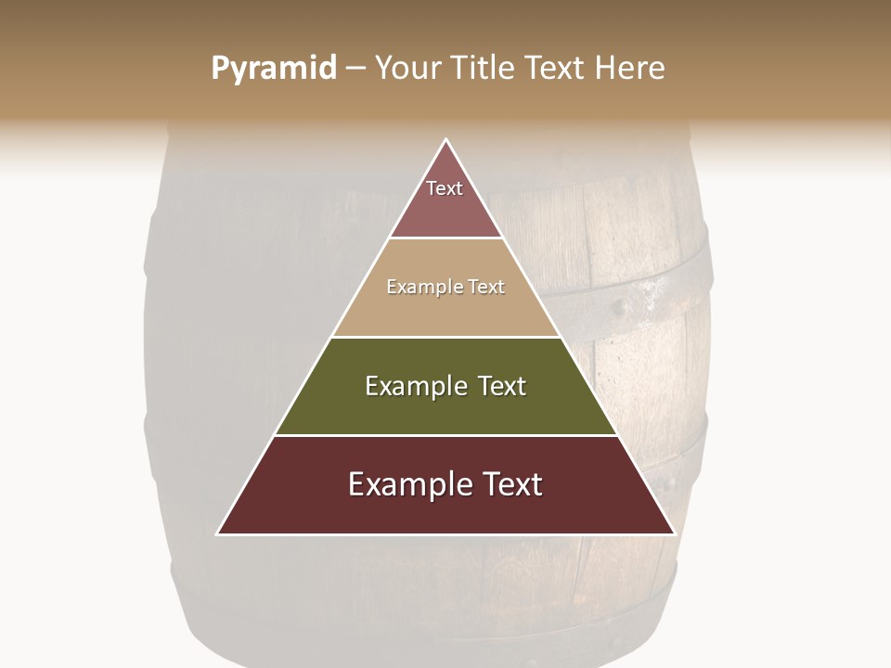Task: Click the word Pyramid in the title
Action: (274, 69)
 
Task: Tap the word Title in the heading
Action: (484, 69)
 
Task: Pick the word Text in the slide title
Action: (555, 69)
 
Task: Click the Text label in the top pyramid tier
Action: (445, 188)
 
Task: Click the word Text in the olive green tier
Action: (501, 386)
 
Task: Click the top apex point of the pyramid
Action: (446, 140)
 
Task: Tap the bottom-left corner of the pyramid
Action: (218, 533)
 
